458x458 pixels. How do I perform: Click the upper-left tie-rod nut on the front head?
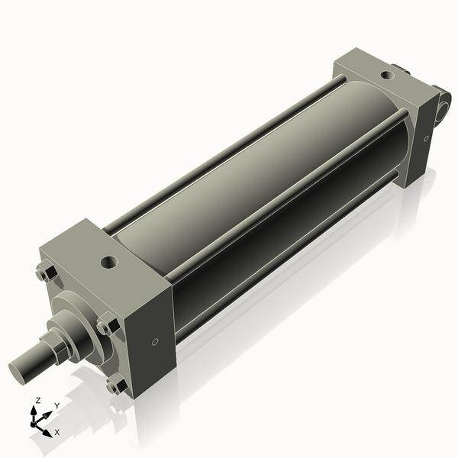click(44, 273)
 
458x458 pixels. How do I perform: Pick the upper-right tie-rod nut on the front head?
click(108, 327)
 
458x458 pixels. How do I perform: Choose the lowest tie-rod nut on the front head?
click(116, 386)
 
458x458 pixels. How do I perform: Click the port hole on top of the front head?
click(108, 263)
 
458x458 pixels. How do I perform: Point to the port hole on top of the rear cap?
click(389, 76)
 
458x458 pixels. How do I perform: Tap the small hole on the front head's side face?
click(156, 342)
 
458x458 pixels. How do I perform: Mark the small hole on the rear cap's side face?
click(425, 138)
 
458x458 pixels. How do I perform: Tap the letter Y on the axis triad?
click(56, 406)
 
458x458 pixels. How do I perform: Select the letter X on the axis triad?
click(57, 432)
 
